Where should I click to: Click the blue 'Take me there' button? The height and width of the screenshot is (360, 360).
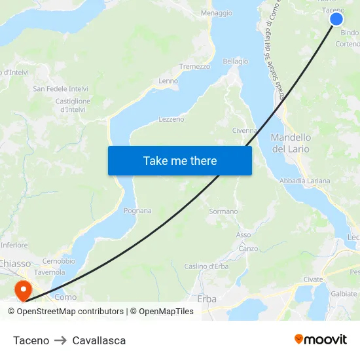tap(180, 160)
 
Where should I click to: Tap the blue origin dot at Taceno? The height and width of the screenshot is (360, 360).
tap(336, 19)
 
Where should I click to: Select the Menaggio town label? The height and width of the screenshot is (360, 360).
tap(217, 13)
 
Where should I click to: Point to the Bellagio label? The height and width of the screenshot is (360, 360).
tap(236, 62)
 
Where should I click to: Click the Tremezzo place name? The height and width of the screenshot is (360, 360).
tap(194, 67)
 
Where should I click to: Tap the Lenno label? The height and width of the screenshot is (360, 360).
tap(168, 81)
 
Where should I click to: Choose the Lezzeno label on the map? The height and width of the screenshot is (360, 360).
tap(171, 120)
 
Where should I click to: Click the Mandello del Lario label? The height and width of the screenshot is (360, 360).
tap(291, 143)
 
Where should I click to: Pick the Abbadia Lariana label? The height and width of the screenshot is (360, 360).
tap(304, 181)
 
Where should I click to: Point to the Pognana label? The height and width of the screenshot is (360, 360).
tap(137, 211)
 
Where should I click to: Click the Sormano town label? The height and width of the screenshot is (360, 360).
tap(223, 211)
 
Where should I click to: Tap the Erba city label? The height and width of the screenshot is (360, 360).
tap(206, 298)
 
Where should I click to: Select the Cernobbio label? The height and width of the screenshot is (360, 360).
tap(58, 261)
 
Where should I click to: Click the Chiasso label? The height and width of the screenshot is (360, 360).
tap(14, 263)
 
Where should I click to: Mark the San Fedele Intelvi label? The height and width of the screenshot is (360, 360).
tap(61, 88)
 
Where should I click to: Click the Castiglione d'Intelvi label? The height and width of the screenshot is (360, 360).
tap(73, 105)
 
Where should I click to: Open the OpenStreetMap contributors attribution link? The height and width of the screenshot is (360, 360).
tap(70, 312)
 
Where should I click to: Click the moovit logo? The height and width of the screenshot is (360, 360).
tap(321, 339)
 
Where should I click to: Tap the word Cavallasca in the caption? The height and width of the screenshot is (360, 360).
tap(99, 340)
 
